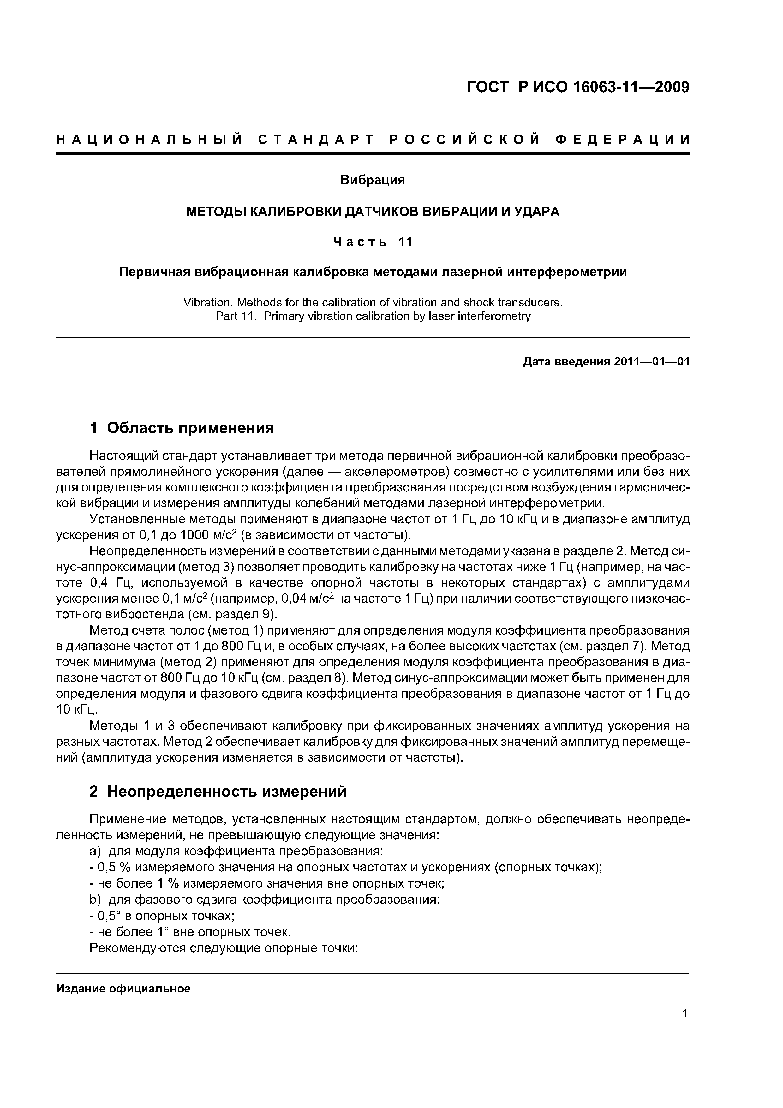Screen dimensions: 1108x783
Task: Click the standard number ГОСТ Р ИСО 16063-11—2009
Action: pos(578,87)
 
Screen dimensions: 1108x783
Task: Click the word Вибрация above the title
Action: pos(373,180)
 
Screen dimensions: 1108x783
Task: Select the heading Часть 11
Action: pos(373,241)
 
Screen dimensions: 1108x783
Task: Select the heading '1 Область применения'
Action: pos(182,428)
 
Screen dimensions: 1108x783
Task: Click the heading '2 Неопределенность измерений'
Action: pos(218,792)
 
